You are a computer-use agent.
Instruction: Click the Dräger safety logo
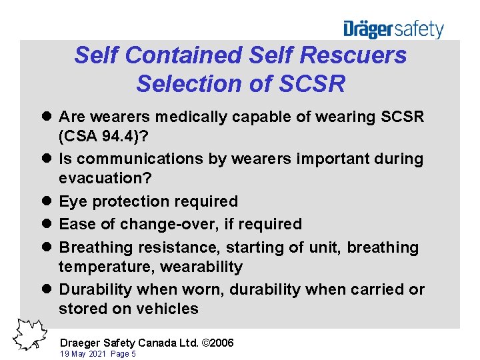pyautogui.click(x=393, y=29)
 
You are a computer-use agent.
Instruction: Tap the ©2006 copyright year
pyautogui.click(x=218, y=343)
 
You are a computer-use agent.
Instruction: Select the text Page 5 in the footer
pyautogui.click(x=125, y=354)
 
